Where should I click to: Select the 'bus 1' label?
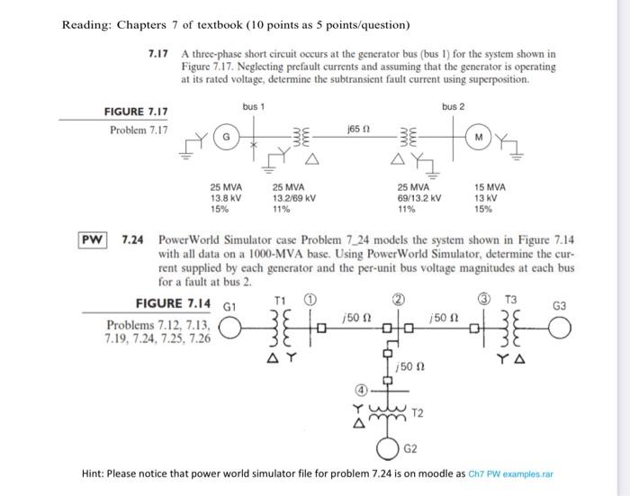pyautogui.click(x=253, y=106)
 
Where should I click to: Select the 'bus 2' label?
pyautogui.click(x=454, y=106)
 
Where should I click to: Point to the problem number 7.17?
pyautogui.click(x=159, y=54)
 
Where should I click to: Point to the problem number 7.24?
pyautogui.click(x=133, y=240)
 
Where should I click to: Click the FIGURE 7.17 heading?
pyautogui.click(x=134, y=112)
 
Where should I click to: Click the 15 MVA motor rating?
pyautogui.click(x=490, y=186)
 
